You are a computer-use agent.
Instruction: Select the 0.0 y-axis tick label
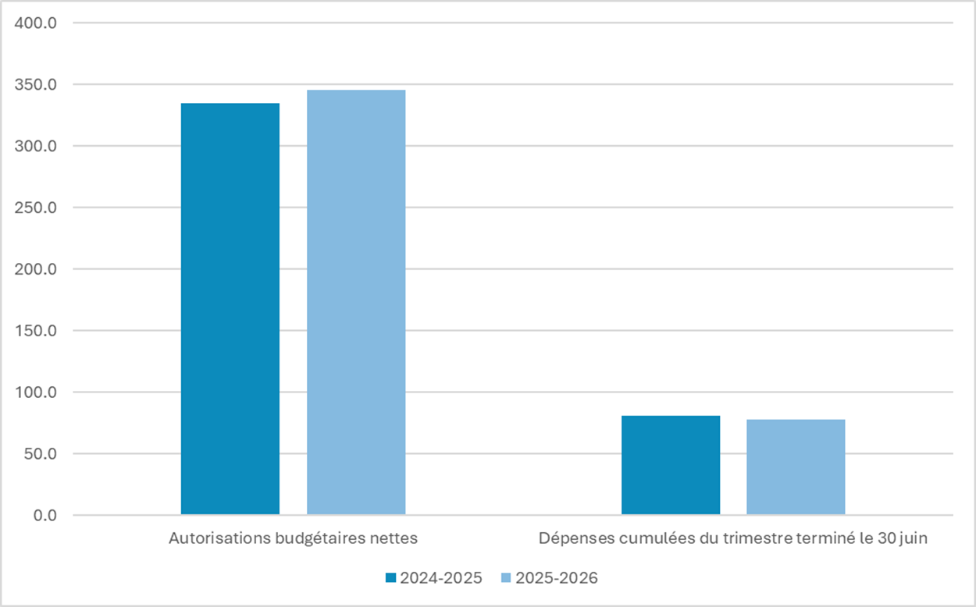pos(44,516)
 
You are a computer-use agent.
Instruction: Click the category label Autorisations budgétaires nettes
pos(293,538)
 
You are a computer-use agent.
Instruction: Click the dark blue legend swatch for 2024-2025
pos(391,578)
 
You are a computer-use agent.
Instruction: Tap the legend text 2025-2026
pos(556,578)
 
